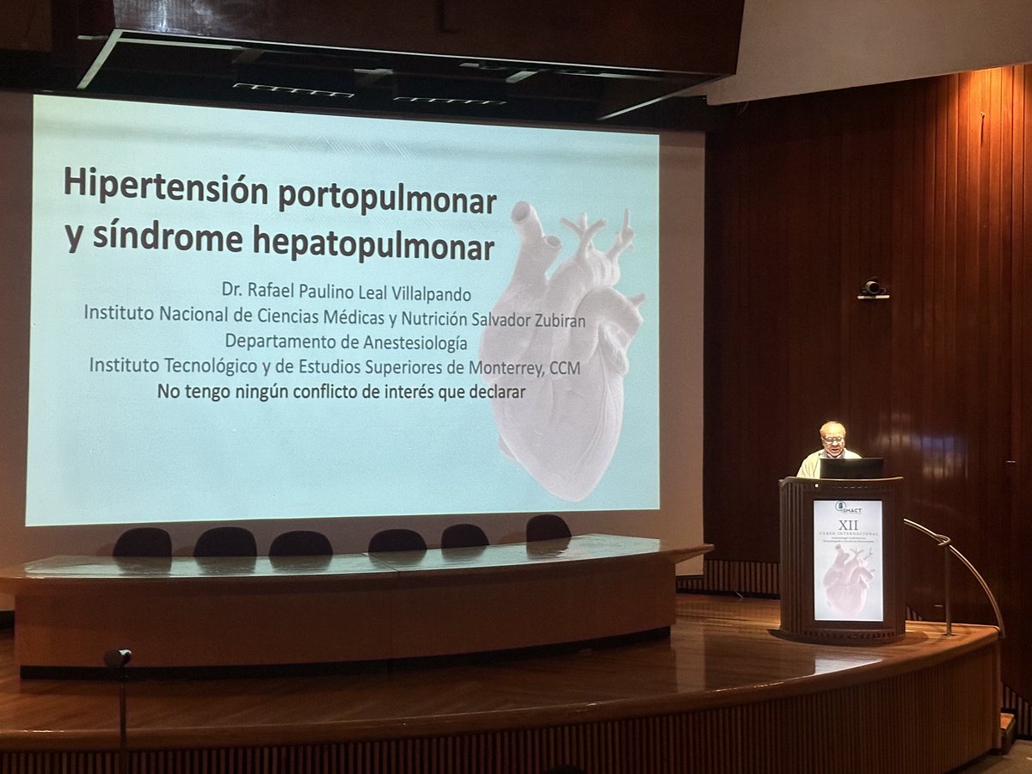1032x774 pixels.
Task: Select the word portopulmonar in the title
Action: [387, 200]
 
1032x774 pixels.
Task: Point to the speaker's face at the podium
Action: [832, 436]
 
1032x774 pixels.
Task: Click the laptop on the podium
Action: [851, 468]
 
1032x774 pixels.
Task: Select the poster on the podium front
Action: [848, 561]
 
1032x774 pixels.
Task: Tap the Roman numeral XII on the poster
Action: [848, 523]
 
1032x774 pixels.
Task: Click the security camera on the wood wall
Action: [872, 288]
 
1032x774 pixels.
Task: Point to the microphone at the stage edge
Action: [118, 659]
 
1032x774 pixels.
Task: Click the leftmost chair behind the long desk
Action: [142, 543]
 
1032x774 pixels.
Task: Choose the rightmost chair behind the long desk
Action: [548, 528]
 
